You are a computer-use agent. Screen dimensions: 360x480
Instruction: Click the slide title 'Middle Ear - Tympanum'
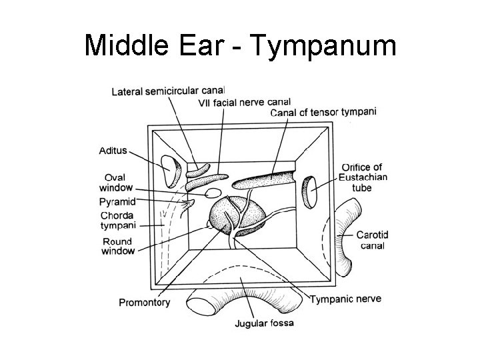pos(240,47)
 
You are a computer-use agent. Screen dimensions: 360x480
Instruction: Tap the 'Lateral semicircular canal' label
pos(168,91)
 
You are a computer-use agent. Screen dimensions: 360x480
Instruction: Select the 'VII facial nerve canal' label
pos(244,102)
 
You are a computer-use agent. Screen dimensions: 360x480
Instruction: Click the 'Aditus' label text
pos(113,151)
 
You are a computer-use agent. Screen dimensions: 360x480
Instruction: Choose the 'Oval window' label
pos(119,183)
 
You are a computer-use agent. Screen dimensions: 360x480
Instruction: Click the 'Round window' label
pos(118,246)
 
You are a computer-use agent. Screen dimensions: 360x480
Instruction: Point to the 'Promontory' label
pos(144,302)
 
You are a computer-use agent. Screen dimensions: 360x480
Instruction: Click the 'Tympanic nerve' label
pos(345,299)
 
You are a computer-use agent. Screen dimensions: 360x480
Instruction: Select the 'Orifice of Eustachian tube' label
pos(361,177)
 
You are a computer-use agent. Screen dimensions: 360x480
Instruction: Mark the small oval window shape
pos(212,194)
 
